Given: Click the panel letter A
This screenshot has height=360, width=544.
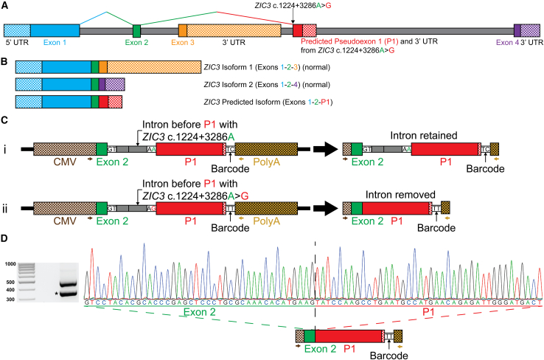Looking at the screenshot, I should coord(5,5).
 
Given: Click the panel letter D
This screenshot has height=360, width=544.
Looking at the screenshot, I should coord(5,240).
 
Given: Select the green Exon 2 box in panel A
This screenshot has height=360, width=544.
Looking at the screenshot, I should coord(136,31).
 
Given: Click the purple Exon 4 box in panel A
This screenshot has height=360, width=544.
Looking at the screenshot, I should coord(517,31).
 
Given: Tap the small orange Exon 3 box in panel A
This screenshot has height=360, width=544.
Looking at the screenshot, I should coord(183,31).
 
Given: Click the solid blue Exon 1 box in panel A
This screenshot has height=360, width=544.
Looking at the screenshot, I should coord(55,31).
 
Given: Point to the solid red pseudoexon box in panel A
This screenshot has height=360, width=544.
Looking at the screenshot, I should coord(297,31).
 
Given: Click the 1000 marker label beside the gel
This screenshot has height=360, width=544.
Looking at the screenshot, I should coord(10,263).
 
